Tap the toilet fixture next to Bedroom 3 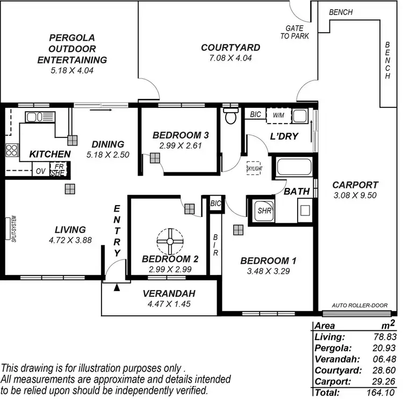[x=231, y=117]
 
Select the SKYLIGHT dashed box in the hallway [x=254, y=169]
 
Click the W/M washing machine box [x=278, y=115]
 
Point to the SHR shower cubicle [x=264, y=211]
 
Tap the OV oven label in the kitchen [x=40, y=171]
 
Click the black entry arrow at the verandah [x=117, y=288]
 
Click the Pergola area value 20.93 [x=381, y=349]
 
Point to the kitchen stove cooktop [x=11, y=150]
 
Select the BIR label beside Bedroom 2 [x=215, y=245]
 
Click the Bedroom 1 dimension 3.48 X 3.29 [x=268, y=271]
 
